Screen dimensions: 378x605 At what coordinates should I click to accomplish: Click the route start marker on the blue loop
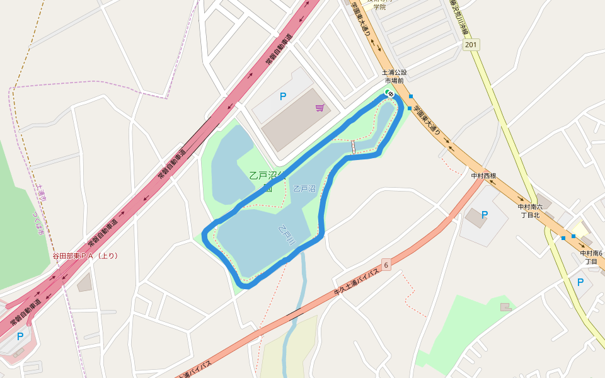(x=390, y=94)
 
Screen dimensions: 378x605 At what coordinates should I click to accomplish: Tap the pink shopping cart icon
(x=320, y=108)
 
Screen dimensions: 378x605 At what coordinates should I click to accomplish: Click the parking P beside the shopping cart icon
(x=283, y=96)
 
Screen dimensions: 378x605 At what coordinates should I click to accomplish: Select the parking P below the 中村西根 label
(x=485, y=215)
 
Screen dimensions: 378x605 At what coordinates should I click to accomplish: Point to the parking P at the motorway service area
(x=20, y=336)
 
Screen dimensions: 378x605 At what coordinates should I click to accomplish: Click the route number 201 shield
(x=470, y=45)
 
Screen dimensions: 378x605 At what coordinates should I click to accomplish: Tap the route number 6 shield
(x=386, y=265)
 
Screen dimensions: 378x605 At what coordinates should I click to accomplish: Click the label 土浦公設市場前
(x=395, y=76)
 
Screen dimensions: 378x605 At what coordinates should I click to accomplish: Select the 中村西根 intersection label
(x=484, y=176)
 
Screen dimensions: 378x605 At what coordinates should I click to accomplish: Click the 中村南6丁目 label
(x=591, y=257)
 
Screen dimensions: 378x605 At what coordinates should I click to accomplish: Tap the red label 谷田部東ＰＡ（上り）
(x=85, y=256)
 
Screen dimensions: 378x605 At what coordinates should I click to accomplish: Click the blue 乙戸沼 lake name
(x=304, y=188)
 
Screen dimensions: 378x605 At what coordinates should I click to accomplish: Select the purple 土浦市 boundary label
(x=42, y=193)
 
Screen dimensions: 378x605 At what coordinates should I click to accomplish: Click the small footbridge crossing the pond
(x=353, y=147)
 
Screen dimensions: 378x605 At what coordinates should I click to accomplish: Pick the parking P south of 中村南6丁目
(x=580, y=282)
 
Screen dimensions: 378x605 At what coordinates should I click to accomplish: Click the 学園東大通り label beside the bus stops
(x=432, y=120)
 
